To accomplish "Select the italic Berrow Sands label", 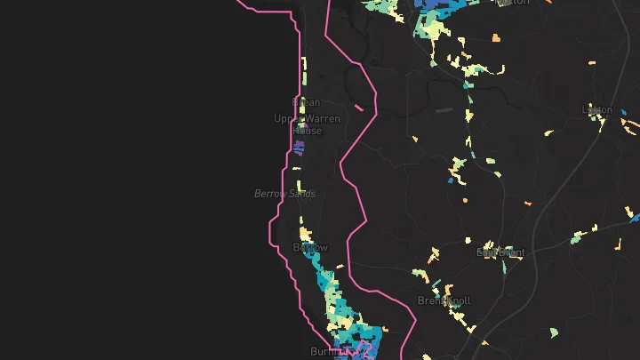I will pos(284,194).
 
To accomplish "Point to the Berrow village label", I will pos(310,248).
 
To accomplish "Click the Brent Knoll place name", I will pos(444,301).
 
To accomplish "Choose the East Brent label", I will pos(500,252).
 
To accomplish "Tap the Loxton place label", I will pos(596,110).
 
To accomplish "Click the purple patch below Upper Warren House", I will pos(300,147).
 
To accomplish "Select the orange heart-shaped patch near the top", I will pos(495,37).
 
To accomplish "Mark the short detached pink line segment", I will pos(359,108).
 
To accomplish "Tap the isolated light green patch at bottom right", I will pos(554,332).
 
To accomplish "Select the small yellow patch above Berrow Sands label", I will pos(299,186).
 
